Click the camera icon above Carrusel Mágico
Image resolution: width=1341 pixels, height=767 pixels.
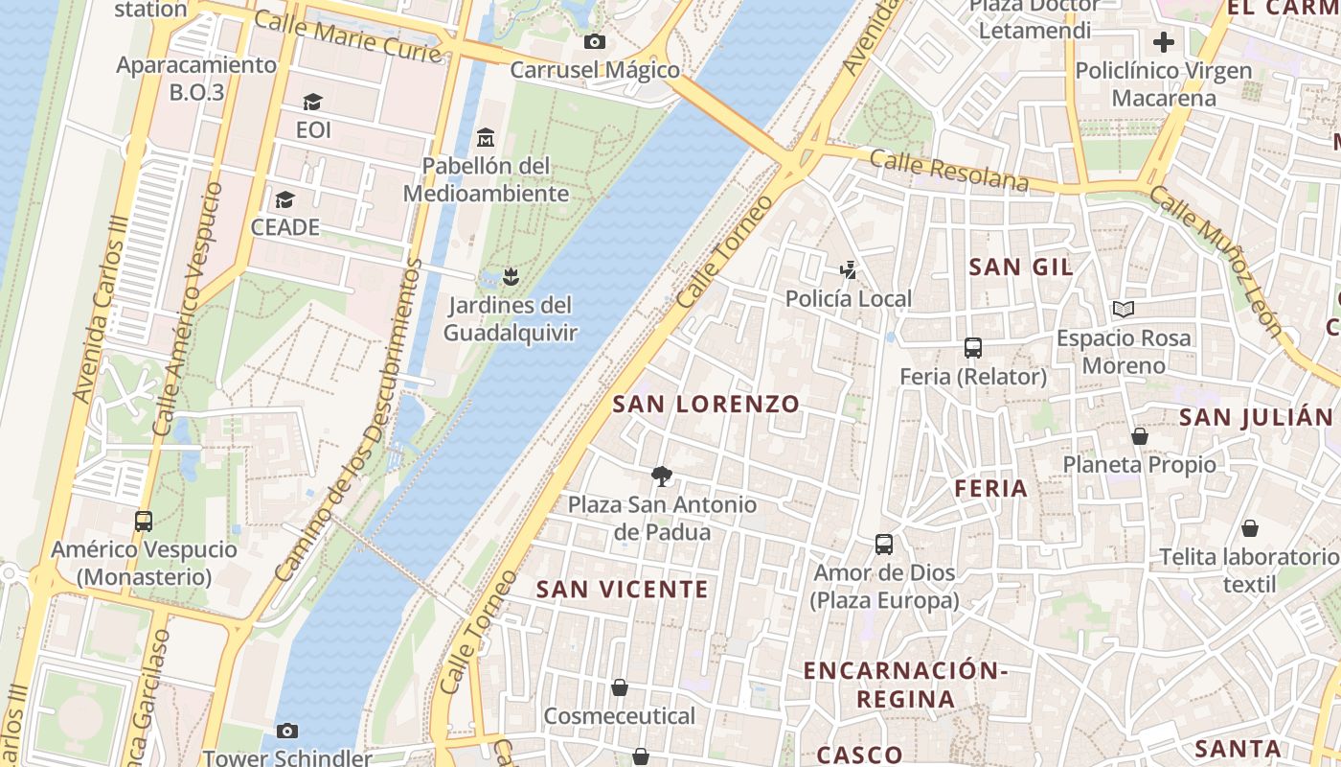coord(594,41)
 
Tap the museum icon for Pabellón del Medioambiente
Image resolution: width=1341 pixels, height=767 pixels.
coord(486,137)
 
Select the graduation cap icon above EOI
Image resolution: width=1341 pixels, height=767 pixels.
coord(312,102)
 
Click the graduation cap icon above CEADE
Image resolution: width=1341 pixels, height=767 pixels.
coord(284,199)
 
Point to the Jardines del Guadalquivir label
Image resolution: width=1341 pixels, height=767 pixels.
coord(511,319)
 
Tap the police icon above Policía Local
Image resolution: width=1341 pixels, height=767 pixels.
coord(848,270)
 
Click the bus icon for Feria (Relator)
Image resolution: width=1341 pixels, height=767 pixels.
coord(973,348)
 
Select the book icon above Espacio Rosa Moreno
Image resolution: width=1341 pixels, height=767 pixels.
coord(1124,310)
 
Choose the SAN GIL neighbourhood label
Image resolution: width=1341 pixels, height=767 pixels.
coord(1021,267)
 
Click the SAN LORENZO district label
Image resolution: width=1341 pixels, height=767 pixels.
coord(706,404)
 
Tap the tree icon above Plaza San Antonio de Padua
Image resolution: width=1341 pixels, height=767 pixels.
coord(661,476)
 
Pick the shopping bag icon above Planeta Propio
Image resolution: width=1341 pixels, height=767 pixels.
coord(1139,436)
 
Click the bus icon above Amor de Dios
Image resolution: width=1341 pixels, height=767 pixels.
coord(884,545)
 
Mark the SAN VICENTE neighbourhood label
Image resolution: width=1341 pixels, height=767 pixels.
coord(623,589)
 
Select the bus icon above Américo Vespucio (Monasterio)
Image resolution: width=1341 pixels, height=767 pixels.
coord(144,522)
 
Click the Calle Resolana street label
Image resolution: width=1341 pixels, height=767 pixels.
coord(949,170)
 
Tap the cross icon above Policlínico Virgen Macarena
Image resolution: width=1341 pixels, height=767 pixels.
coord(1163,42)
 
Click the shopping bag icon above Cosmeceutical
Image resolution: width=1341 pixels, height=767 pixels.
coord(620,687)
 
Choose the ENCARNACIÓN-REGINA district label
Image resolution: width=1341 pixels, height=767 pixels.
coord(905,685)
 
